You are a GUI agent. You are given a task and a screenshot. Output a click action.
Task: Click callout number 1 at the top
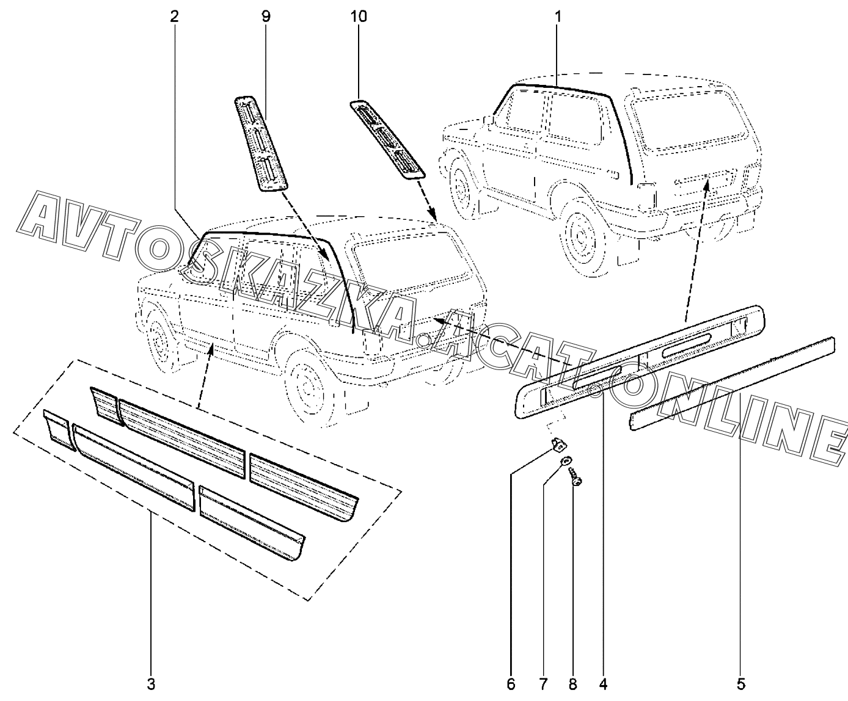pyautogui.click(x=558, y=16)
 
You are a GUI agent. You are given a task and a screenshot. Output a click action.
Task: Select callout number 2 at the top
pyautogui.click(x=174, y=16)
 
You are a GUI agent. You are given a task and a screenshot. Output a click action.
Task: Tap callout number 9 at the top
pyautogui.click(x=266, y=16)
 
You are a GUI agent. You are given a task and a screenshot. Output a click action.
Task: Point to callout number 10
pyautogui.click(x=358, y=16)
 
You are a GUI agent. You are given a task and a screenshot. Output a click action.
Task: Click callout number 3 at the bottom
pyautogui.click(x=151, y=685)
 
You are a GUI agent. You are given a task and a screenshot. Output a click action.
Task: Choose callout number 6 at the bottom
pyautogui.click(x=511, y=685)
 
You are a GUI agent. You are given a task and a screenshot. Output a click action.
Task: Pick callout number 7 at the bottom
pyautogui.click(x=543, y=685)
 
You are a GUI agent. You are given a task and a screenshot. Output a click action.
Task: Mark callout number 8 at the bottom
pyautogui.click(x=572, y=685)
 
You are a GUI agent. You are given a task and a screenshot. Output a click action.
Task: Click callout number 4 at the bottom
pyautogui.click(x=603, y=685)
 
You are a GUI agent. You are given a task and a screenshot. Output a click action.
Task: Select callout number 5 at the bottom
pyautogui.click(x=741, y=685)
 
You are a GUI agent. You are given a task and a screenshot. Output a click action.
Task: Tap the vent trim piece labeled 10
pyautogui.click(x=387, y=139)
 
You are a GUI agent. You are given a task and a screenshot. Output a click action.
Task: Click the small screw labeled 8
pyautogui.click(x=576, y=476)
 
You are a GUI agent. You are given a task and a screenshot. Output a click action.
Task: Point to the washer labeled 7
pyautogui.click(x=565, y=460)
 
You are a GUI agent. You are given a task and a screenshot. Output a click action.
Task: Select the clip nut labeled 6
pyautogui.click(x=558, y=445)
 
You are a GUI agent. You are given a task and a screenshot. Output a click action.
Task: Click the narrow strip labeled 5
pyautogui.click(x=733, y=383)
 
